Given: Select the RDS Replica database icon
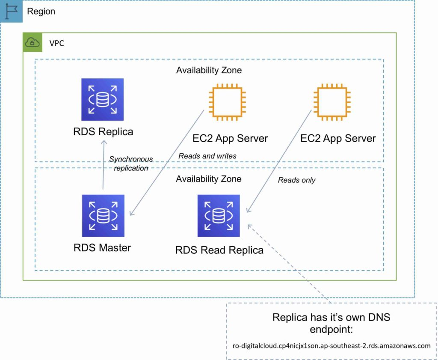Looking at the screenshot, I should pyautogui.click(x=103, y=99).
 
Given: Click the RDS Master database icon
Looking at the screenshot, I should pyautogui.click(x=103, y=216).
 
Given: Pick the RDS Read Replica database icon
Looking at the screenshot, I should pyautogui.click(x=219, y=216).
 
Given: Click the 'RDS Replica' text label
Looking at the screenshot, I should pyautogui.click(x=103, y=131).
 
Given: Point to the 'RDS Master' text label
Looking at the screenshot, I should pyautogui.click(x=102, y=247).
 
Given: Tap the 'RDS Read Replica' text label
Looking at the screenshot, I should pyautogui.click(x=219, y=250).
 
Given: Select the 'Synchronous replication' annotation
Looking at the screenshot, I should pyautogui.click(x=131, y=164).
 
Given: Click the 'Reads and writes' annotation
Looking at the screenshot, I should pyautogui.click(x=207, y=156).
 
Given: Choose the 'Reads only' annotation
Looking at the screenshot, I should pyautogui.click(x=296, y=180).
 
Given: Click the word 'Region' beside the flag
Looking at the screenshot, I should pyautogui.click(x=41, y=12).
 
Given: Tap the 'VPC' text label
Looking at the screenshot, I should pyautogui.click(x=57, y=43).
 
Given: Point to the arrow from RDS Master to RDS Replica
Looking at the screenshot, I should pyautogui.click(x=103, y=167).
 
